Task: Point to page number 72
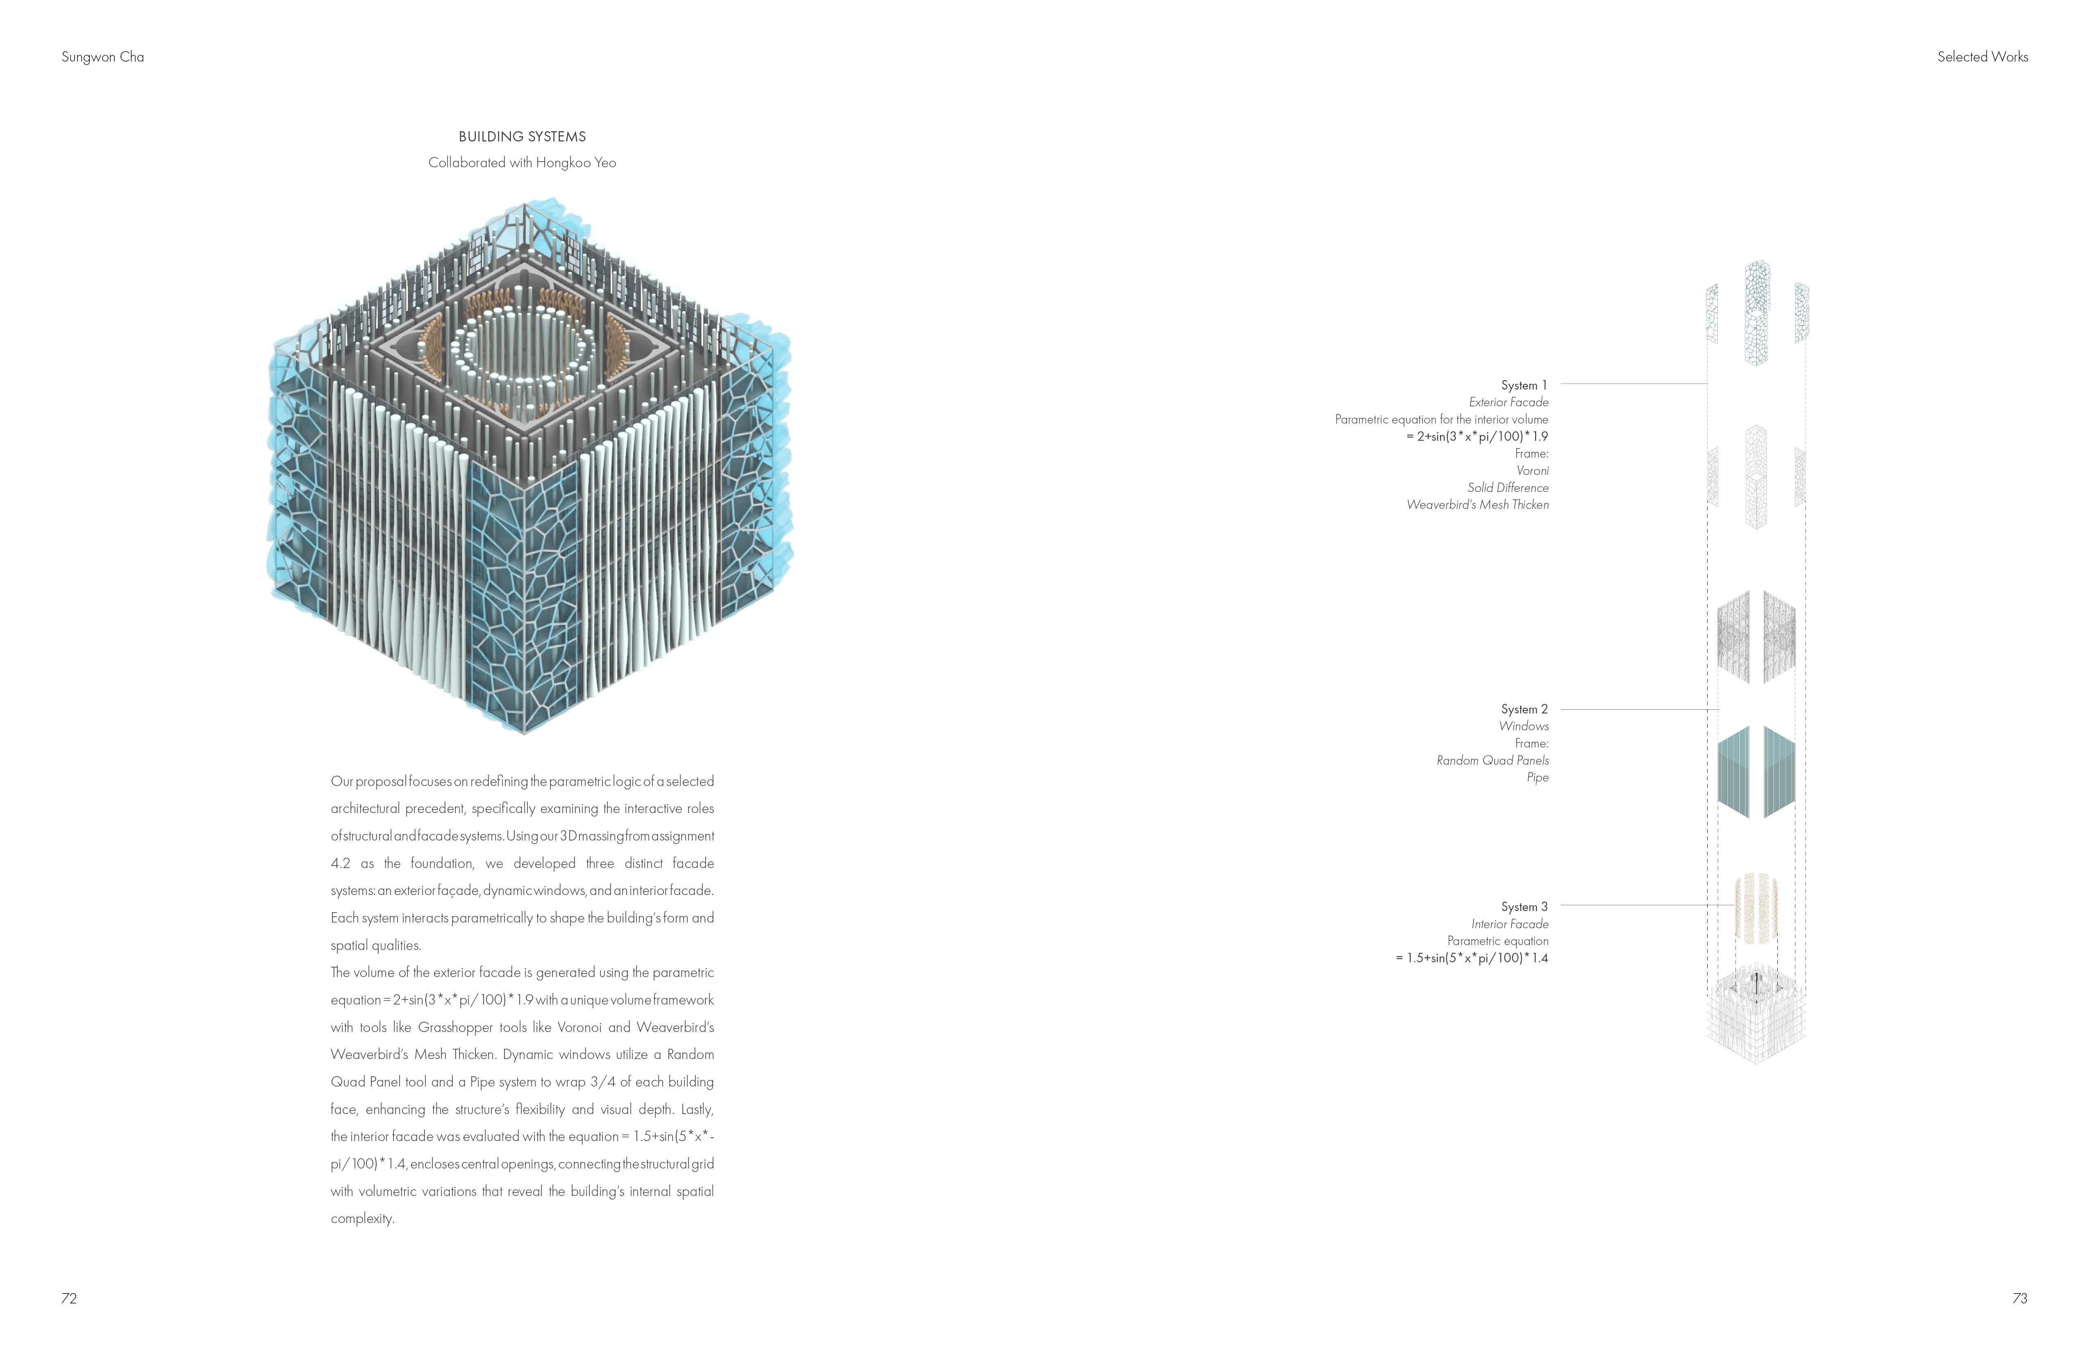click(x=69, y=1298)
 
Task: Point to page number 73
click(x=2020, y=1298)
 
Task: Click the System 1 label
click(x=1524, y=385)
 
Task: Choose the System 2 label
click(x=1524, y=709)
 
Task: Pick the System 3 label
click(x=1524, y=907)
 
